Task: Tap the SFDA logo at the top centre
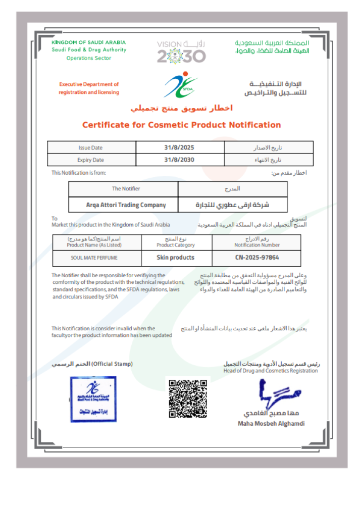[x=180, y=85]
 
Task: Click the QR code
[x=187, y=398]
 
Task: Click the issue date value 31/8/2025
[x=179, y=148]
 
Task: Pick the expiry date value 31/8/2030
[x=179, y=160]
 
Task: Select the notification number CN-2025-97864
[x=256, y=258]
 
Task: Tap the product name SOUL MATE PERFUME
[x=96, y=258]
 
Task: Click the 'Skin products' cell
[x=175, y=258]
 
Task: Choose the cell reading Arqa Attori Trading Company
[x=126, y=205]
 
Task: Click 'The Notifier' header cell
[x=126, y=189]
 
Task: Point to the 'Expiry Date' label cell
[x=91, y=160]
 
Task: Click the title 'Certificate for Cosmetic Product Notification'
[x=181, y=125]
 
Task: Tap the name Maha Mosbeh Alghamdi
[x=271, y=424]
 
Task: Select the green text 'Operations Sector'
[x=89, y=58]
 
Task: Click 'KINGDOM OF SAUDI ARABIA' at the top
[x=89, y=42]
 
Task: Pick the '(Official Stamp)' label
[x=112, y=364]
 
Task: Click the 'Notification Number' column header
[x=256, y=245]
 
